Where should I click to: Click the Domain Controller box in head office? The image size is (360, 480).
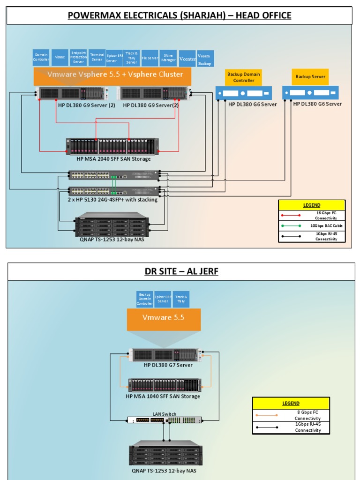(41, 57)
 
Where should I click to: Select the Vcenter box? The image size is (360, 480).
(187, 59)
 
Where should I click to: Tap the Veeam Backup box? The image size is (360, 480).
(205, 59)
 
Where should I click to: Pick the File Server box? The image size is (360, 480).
(150, 58)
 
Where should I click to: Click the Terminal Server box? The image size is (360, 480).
(97, 57)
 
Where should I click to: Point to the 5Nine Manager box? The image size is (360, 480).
(168, 57)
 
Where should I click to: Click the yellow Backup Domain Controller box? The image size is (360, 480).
(244, 77)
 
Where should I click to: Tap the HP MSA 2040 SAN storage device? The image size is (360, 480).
(112, 146)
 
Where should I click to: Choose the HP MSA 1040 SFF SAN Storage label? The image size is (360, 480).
(163, 396)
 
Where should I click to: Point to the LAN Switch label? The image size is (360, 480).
(165, 414)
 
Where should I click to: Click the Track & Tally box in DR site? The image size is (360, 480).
(181, 299)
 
